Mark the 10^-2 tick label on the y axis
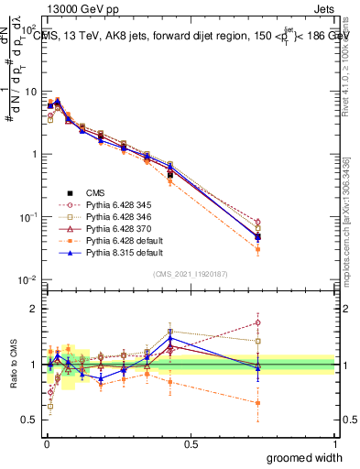tap(27, 279)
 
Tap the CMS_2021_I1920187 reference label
tap(190, 273)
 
